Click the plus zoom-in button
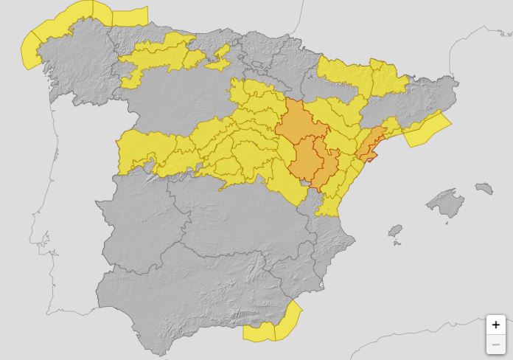click(495, 325)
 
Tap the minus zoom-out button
click(495, 344)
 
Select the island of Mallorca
click(445, 203)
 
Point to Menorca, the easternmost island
click(484, 189)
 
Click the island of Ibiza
click(395, 231)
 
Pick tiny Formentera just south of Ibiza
click(398, 243)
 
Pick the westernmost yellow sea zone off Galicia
click(30, 49)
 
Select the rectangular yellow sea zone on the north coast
click(130, 16)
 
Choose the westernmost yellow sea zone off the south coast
click(259, 331)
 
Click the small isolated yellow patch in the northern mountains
click(219, 60)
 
